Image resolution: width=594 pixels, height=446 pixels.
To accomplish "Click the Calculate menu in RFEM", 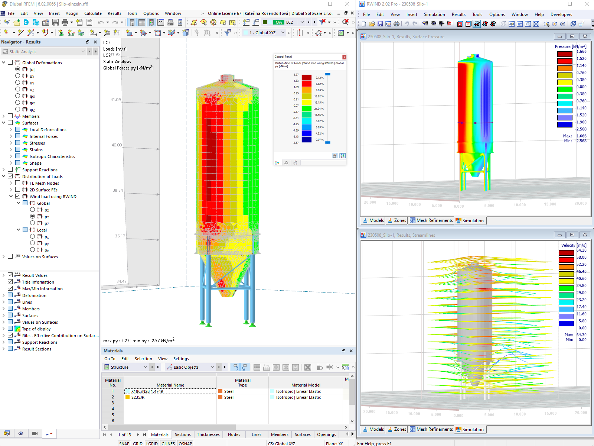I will tap(93, 13).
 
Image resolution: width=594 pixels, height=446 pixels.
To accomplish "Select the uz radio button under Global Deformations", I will tap(17, 89).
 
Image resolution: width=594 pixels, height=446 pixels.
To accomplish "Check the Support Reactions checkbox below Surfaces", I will tap(10, 169).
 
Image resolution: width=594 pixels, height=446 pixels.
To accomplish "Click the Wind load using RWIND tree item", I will tap(53, 197).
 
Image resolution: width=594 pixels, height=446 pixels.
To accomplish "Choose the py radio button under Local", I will tap(33, 243).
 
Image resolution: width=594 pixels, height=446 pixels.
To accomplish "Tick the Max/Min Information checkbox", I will tap(10, 288).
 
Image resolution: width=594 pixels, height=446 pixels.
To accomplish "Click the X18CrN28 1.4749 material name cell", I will tap(170, 391).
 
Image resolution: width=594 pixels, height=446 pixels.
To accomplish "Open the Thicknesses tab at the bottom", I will tap(208, 434).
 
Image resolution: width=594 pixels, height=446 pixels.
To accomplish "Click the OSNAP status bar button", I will tap(185, 443).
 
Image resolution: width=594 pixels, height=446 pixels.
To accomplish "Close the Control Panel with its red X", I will tap(344, 57).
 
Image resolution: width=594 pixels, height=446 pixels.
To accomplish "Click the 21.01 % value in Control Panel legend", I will tap(319, 109).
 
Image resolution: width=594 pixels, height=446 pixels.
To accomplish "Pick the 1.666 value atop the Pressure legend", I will tap(581, 52).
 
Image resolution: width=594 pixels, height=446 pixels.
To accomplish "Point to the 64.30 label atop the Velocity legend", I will tap(581, 251).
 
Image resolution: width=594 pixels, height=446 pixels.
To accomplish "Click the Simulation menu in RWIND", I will tap(434, 14).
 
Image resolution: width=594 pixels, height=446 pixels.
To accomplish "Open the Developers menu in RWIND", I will tap(561, 14).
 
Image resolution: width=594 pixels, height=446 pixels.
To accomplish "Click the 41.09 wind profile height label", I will tap(115, 100).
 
